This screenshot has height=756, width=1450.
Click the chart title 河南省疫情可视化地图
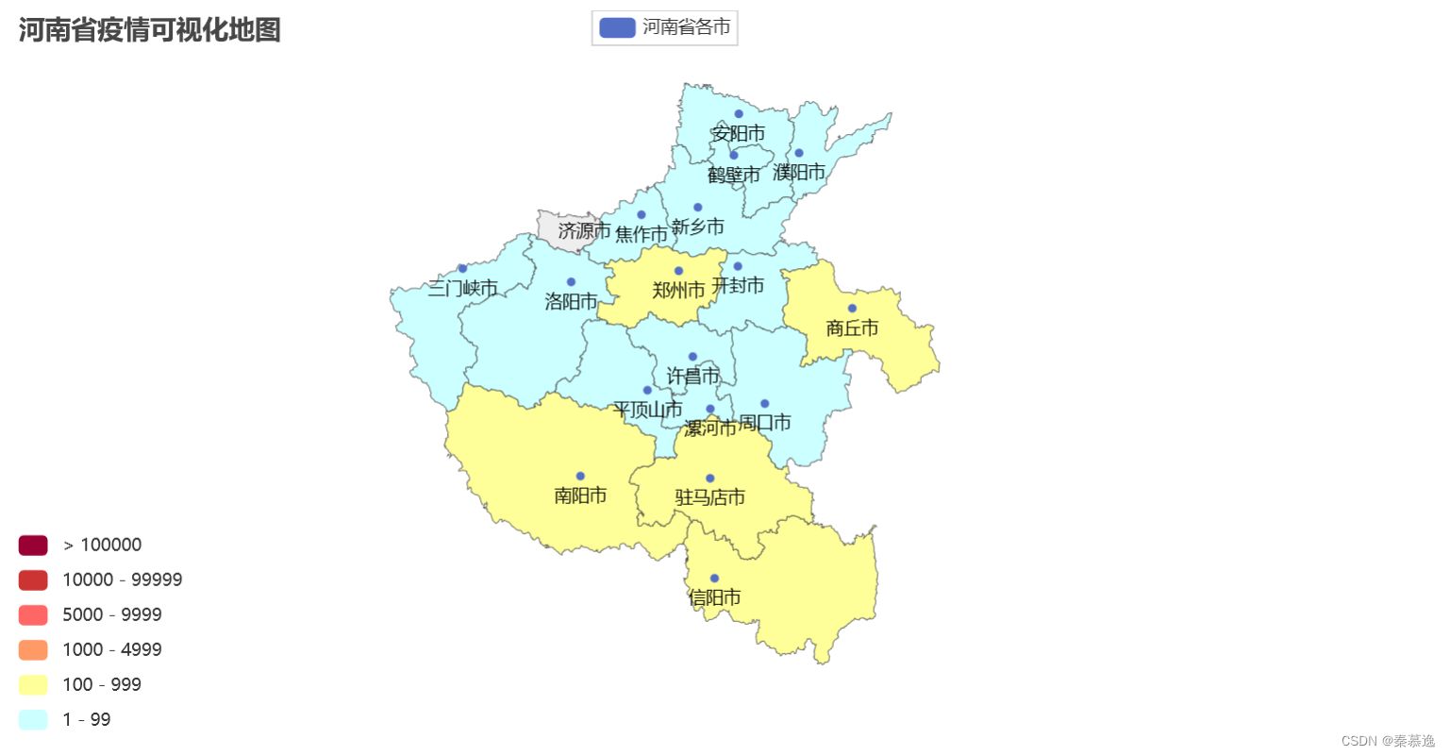149,30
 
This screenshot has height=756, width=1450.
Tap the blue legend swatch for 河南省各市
617,27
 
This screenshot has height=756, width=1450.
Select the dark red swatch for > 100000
33,546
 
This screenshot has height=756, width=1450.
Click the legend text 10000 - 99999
122,580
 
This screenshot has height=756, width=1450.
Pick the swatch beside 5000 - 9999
33,615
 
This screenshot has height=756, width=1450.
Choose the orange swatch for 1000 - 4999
33,650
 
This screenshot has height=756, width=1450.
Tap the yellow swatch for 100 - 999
33,685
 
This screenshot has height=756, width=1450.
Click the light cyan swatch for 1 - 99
33,720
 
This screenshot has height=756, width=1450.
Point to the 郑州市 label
678,291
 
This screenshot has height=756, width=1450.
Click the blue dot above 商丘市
852,309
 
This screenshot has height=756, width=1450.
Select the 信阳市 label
714,598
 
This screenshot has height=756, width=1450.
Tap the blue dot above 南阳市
580,477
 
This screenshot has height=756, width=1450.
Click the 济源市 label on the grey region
584,231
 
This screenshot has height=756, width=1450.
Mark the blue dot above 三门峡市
462,269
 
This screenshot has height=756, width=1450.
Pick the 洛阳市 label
571,302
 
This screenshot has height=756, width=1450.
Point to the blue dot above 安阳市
739,114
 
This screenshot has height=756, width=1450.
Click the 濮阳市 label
799,173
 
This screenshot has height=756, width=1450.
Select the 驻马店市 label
709,497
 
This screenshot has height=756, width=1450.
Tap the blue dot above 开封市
738,266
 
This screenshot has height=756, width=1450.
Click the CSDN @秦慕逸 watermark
1387,742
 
